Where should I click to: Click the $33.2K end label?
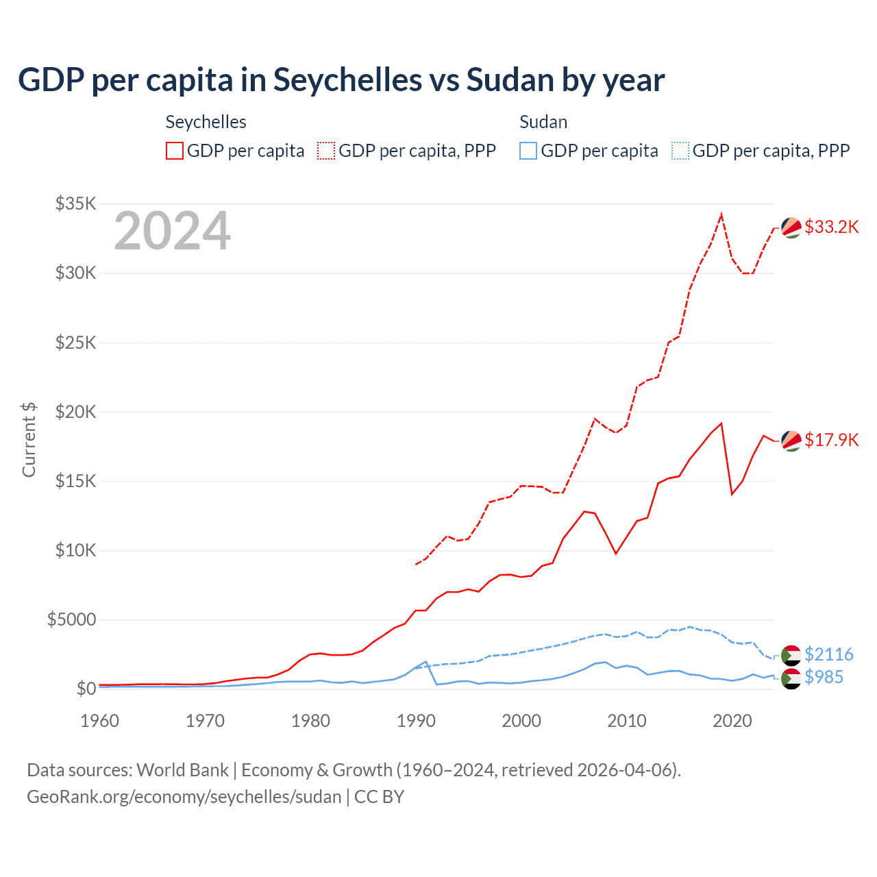click(x=831, y=227)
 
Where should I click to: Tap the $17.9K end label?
click(x=831, y=440)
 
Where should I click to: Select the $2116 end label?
click(x=828, y=654)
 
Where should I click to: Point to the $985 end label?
click(x=824, y=677)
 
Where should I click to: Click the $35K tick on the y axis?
click(x=75, y=203)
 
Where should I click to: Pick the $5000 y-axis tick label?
click(x=71, y=619)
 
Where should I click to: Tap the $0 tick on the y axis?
click(x=86, y=689)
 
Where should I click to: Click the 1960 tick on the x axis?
click(x=100, y=721)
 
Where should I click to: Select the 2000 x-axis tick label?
click(x=521, y=721)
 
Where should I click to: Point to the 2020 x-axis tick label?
click(x=732, y=721)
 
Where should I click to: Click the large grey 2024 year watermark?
click(x=172, y=232)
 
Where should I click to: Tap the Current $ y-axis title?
click(x=29, y=440)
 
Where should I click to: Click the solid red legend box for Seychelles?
click(x=175, y=151)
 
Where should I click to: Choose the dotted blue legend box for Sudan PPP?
click(x=680, y=151)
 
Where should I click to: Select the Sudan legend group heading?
click(x=543, y=122)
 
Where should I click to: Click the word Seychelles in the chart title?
click(x=347, y=79)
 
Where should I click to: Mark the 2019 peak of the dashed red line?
click(x=721, y=214)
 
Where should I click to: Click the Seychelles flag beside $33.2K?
click(x=791, y=227)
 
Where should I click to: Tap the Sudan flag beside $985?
click(x=791, y=678)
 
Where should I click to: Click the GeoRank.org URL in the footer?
click(x=184, y=797)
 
